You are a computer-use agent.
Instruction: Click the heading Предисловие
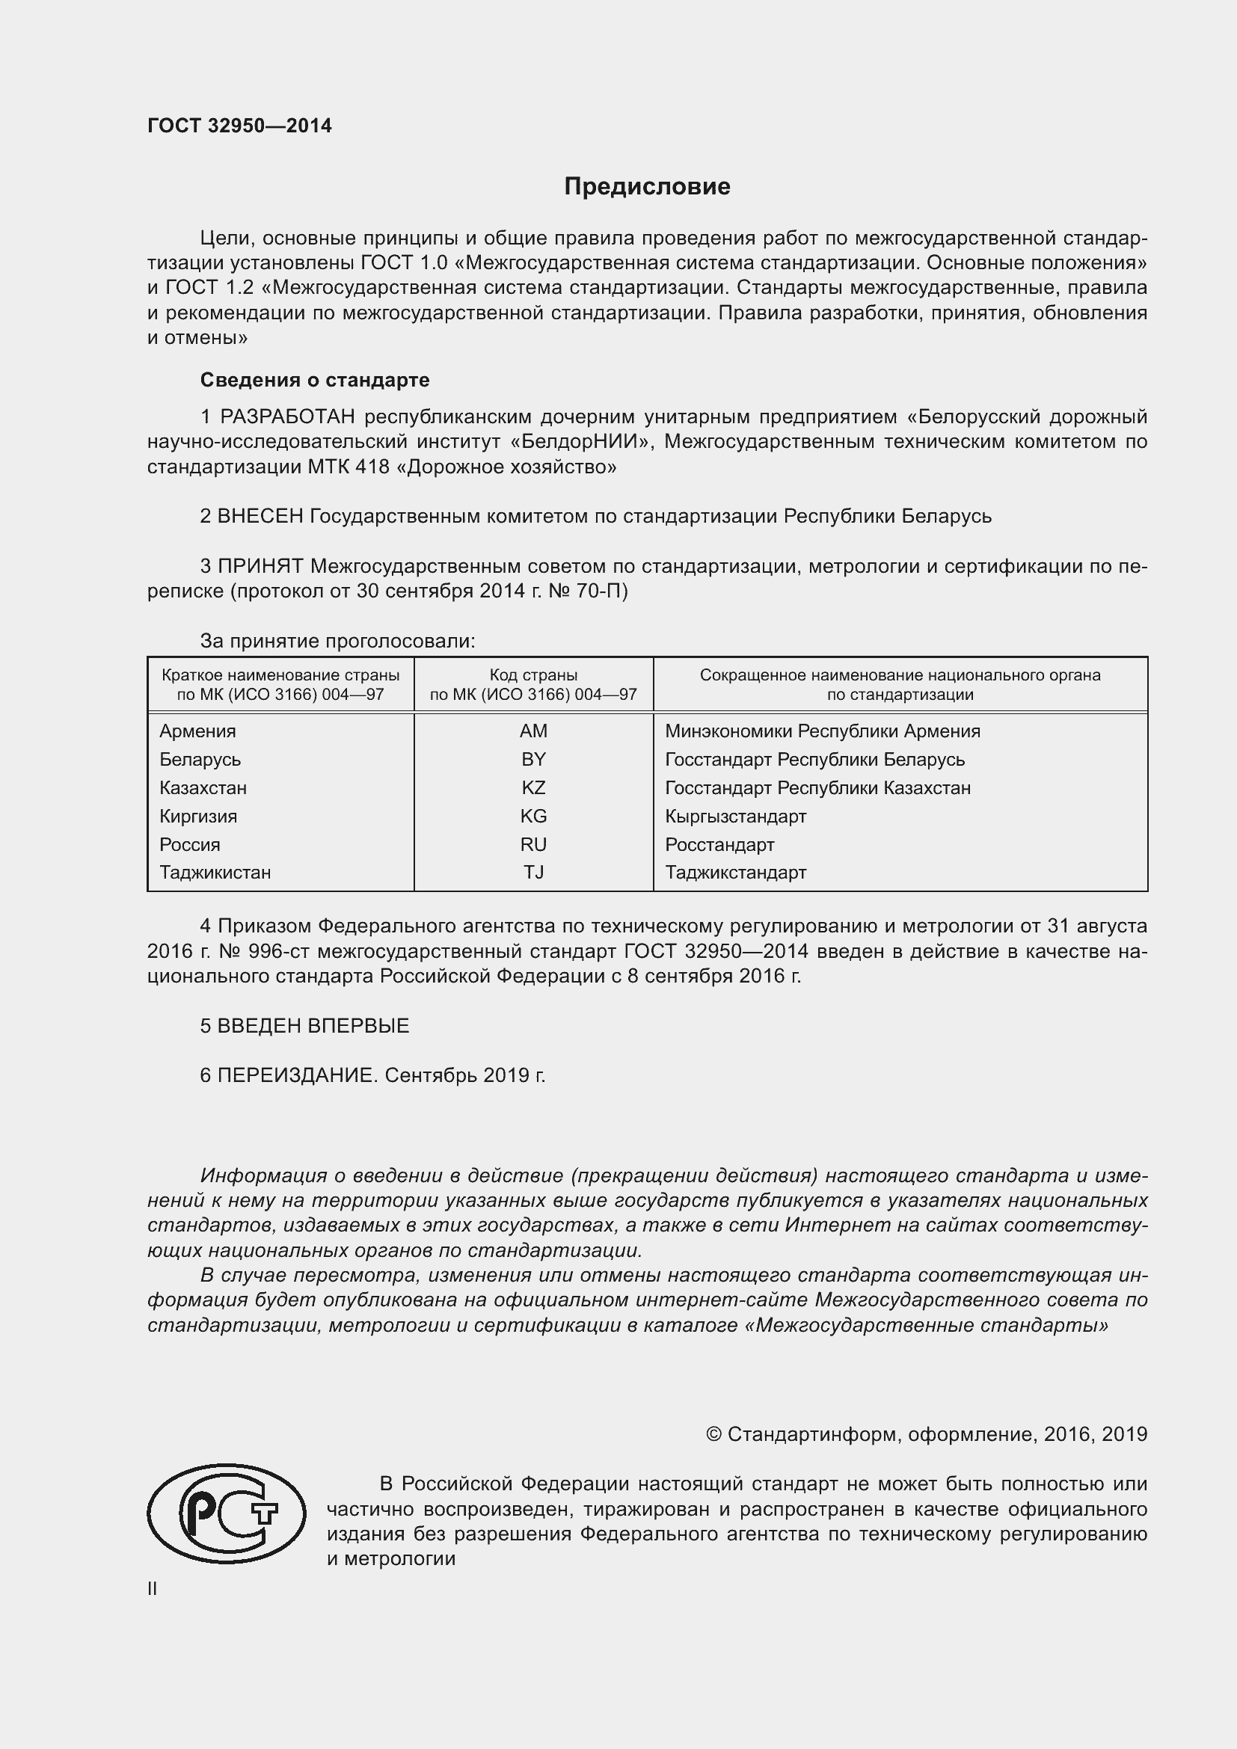coord(647,187)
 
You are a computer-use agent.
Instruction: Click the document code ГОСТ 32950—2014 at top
coord(239,126)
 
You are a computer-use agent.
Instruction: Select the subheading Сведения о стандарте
coord(315,379)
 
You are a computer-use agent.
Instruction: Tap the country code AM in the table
coord(533,731)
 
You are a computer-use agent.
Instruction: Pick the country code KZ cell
coord(533,787)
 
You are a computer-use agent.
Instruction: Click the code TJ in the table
coord(533,872)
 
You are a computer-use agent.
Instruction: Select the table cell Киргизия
coord(198,817)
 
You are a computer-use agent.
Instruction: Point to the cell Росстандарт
coord(719,845)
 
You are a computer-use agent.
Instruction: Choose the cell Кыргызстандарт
coord(735,817)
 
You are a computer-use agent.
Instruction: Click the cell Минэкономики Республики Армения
coord(822,731)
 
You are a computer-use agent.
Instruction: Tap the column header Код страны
coord(533,675)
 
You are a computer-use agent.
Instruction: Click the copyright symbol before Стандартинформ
coord(713,1434)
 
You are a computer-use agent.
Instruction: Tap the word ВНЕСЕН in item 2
coord(260,517)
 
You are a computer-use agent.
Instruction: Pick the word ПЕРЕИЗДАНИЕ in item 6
coord(296,1075)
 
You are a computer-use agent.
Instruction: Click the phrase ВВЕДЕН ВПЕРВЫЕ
coord(313,1025)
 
